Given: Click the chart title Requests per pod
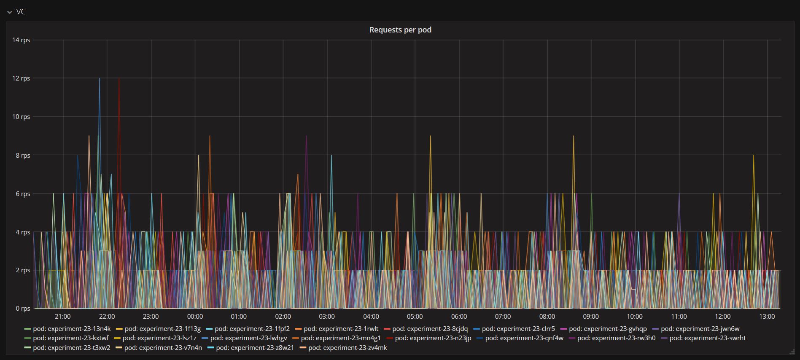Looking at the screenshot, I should (x=400, y=30).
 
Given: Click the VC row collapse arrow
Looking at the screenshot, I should (x=10, y=12).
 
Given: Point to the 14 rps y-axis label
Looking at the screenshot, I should (x=21, y=40).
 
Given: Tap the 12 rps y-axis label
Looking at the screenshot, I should (x=21, y=78).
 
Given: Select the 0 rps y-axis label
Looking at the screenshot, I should (x=23, y=309).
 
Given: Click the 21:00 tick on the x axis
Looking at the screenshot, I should (x=63, y=317).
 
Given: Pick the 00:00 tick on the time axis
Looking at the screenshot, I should (x=195, y=317).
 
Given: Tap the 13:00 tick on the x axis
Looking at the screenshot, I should (x=767, y=317).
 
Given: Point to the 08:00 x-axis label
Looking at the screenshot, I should (x=547, y=317).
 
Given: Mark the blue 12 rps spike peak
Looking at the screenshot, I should (x=100, y=79).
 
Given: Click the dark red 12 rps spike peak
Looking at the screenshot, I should (x=119, y=79).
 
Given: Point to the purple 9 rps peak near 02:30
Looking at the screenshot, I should (x=306, y=136).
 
